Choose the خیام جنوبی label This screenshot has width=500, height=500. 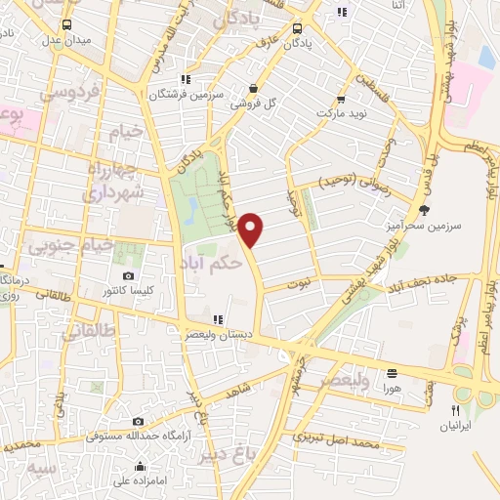[70, 245]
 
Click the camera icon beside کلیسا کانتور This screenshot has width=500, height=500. [129, 277]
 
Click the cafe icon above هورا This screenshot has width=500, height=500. [393, 373]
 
